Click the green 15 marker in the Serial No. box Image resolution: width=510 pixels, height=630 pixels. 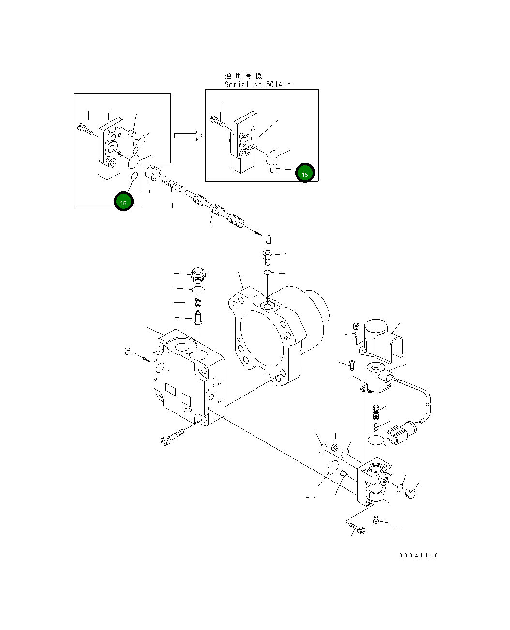pos(305,173)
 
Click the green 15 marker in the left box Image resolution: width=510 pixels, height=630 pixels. pos(123,202)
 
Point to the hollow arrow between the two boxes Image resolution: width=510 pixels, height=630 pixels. pos(188,136)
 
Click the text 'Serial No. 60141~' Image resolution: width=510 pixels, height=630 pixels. pos(259,84)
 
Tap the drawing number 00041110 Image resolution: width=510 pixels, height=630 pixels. pos(419,556)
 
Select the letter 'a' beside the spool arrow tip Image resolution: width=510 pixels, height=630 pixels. pos(269,239)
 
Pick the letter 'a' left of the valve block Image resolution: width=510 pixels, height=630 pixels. pos(128,351)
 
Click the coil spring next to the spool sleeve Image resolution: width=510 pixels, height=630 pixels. pos(173,184)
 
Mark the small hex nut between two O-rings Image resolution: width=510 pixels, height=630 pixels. pos(334,447)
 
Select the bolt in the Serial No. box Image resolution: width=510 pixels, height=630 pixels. pos(218,122)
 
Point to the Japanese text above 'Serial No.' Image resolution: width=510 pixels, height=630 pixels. pos(243,76)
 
